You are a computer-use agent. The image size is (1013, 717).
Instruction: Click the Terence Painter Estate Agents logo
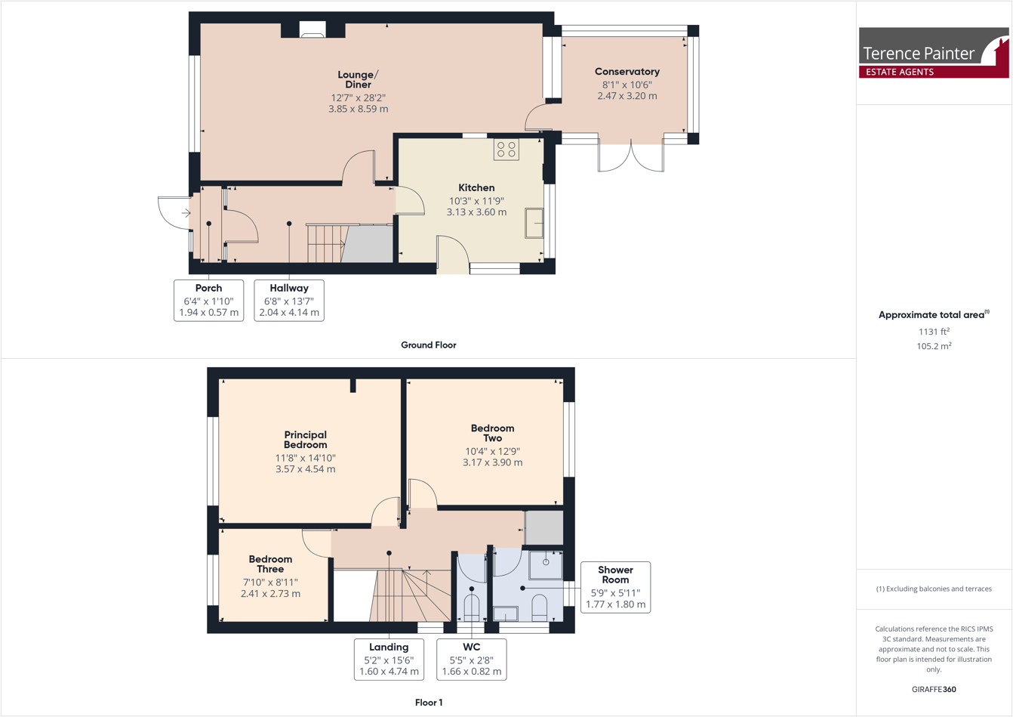[934, 53]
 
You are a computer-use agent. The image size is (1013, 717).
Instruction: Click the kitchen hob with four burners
[506, 149]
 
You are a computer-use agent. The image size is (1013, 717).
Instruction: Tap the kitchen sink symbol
[534, 223]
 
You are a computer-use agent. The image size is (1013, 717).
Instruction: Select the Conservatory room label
[627, 72]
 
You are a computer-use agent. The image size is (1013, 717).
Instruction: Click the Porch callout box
[209, 300]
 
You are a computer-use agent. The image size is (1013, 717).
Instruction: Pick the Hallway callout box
[289, 300]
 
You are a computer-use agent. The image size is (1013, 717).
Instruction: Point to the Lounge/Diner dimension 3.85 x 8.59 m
[358, 109]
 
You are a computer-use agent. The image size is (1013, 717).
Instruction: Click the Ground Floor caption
[428, 345]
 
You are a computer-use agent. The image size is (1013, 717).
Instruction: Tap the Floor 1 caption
[428, 703]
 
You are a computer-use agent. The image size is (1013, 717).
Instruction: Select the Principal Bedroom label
[305, 440]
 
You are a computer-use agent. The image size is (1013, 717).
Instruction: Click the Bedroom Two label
[492, 433]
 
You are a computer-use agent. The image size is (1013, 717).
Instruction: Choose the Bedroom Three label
[270, 564]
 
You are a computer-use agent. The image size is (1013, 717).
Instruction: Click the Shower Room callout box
[615, 587]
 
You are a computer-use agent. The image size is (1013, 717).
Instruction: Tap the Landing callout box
[389, 659]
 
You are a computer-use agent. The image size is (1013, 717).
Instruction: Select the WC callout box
[471, 659]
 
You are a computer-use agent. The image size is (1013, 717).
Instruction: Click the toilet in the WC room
[471, 608]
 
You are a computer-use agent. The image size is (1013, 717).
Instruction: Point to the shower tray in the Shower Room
[545, 564]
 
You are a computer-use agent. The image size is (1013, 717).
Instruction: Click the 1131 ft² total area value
[934, 332]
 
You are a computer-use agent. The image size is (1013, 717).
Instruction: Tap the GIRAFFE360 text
[934, 689]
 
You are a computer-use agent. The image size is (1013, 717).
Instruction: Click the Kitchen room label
[476, 187]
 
